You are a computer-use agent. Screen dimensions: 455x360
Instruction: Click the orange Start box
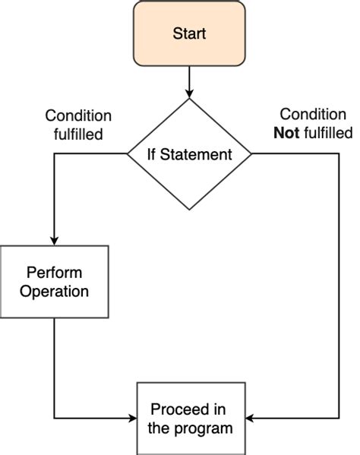(189, 33)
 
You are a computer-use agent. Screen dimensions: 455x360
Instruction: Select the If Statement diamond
(189, 154)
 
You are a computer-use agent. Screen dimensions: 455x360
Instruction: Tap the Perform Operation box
(55, 281)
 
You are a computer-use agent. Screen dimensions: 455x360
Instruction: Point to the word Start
(189, 33)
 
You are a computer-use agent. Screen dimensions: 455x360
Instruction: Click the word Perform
(55, 272)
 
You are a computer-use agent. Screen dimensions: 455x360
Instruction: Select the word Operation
(55, 291)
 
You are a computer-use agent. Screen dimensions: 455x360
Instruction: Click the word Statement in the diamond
(200, 154)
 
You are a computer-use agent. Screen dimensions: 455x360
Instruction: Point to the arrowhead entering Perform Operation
(55, 240)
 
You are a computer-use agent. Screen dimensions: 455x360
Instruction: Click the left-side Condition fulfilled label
(78, 125)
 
